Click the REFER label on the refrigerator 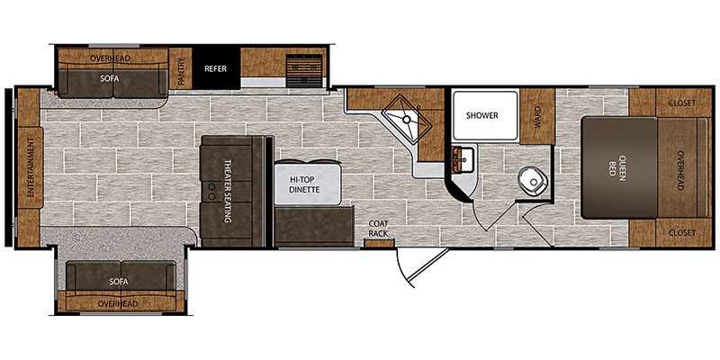[x=215, y=69]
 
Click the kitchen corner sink [x=407, y=119]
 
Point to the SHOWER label [x=482, y=115]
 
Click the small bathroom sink [x=463, y=159]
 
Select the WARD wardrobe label [x=537, y=116]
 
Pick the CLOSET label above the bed [x=682, y=103]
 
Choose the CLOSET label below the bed [x=682, y=233]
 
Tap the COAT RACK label [x=379, y=229]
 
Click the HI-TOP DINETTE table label [x=304, y=184]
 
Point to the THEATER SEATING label [x=227, y=191]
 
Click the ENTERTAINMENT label [x=31, y=166]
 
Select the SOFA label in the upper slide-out [x=110, y=78]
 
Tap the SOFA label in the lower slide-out [x=119, y=281]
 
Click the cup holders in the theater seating [x=211, y=192]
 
